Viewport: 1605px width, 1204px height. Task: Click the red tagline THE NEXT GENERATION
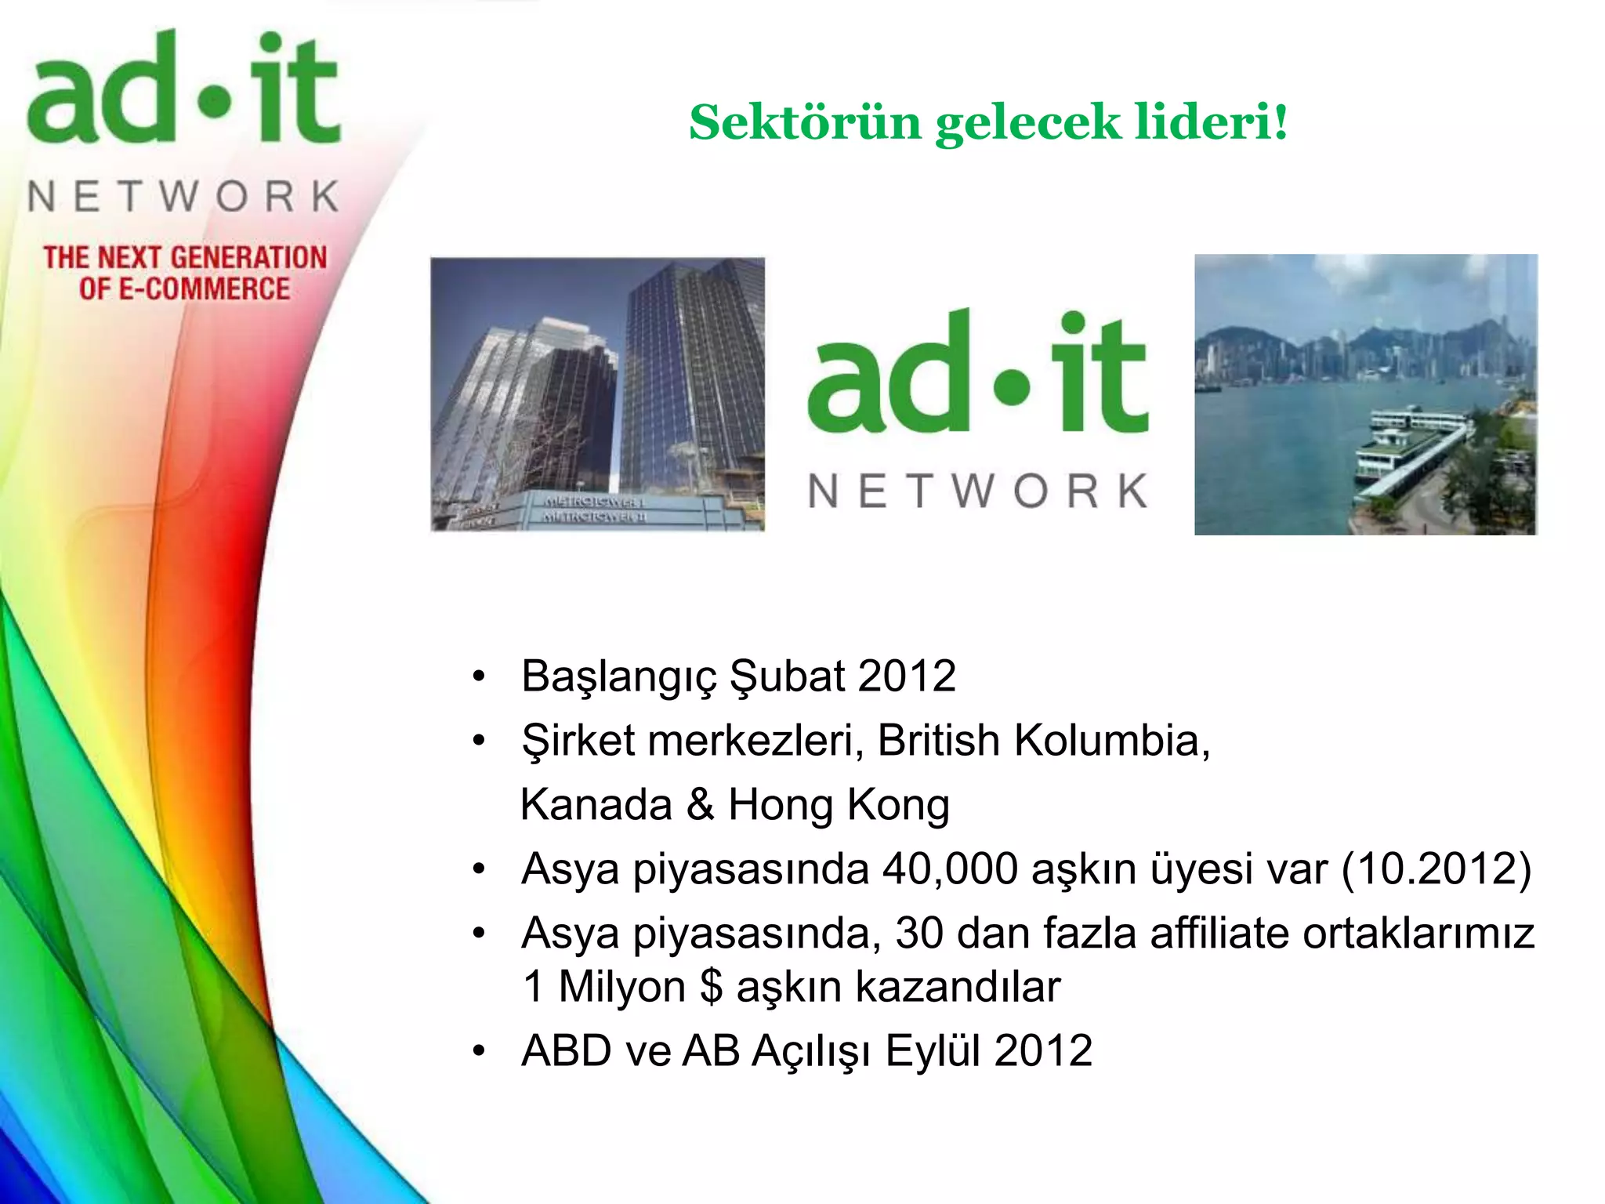[x=185, y=257]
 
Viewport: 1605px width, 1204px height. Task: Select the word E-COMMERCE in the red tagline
[x=204, y=288]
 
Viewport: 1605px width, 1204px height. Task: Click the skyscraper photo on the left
[x=597, y=394]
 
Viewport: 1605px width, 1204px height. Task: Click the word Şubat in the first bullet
[x=786, y=676]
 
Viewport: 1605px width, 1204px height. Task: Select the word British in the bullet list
[x=938, y=740]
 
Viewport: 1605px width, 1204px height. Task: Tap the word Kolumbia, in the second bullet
[x=1112, y=740]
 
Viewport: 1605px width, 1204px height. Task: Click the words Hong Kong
[x=839, y=805]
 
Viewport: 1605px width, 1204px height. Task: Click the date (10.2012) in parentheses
[x=1436, y=869]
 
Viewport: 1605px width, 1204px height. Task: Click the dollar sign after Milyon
[x=711, y=986]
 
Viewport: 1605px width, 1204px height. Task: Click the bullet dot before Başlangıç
[x=479, y=676]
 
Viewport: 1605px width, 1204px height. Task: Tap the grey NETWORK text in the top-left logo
[x=183, y=196]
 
